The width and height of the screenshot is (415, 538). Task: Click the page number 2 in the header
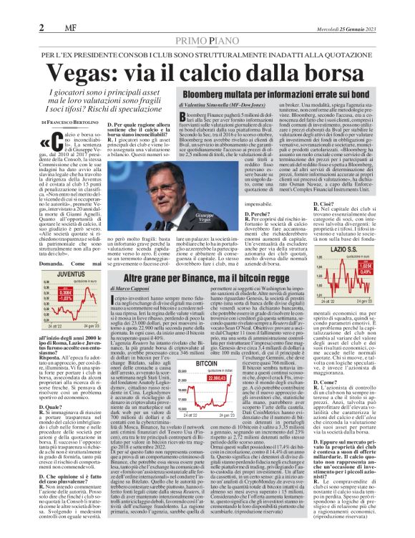pyautogui.click(x=42, y=27)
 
